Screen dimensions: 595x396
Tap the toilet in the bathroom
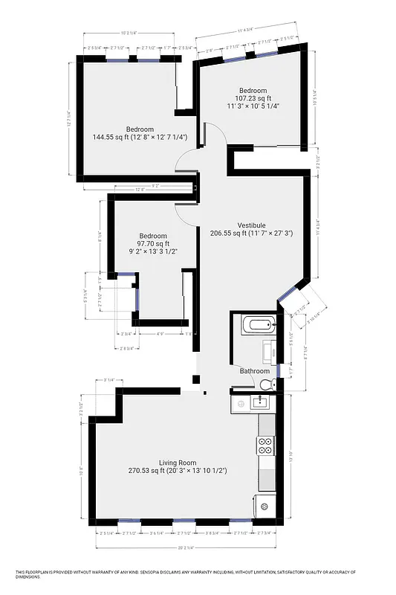tap(267, 384)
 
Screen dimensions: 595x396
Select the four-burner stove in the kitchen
tap(265, 446)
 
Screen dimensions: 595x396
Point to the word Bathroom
tap(254, 370)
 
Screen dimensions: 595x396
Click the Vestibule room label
tap(251, 225)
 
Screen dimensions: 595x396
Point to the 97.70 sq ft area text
tap(153, 243)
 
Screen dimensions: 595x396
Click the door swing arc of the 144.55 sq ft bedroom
tap(186, 158)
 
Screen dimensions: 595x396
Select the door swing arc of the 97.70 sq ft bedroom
tap(186, 211)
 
